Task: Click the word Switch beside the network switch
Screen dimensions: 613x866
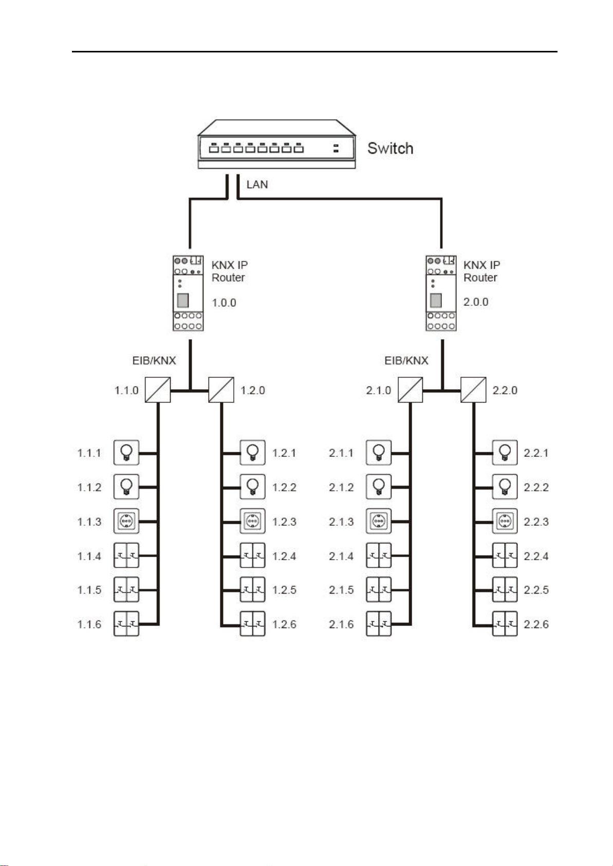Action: coord(390,149)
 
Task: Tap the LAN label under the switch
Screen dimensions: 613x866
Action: coord(257,185)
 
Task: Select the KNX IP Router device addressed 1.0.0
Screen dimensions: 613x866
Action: coord(188,293)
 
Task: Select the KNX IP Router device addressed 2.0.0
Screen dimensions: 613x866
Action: coord(441,293)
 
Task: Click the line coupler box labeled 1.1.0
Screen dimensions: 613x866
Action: coord(158,390)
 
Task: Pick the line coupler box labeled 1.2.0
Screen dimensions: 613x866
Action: coord(221,390)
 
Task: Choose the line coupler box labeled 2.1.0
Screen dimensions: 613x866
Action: coord(410,390)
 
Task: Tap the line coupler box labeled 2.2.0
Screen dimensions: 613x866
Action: coord(473,390)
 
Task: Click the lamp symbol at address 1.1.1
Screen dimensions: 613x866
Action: coord(126,453)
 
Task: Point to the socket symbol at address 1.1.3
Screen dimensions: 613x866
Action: coord(126,521)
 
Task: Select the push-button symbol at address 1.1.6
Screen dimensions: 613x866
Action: coord(126,623)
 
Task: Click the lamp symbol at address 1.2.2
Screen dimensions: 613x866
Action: coord(252,487)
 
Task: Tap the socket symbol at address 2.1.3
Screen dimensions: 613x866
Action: coord(378,521)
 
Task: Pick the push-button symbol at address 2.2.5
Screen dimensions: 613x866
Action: coord(505,589)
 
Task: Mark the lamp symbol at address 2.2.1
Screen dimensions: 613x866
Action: coord(505,453)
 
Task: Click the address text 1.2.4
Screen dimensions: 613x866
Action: coord(284,556)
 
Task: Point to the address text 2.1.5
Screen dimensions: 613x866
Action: coord(341,590)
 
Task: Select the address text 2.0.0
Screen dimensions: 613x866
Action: coord(476,302)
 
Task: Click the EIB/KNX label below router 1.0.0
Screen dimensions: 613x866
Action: coord(154,361)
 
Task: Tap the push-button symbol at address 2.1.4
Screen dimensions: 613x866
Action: coord(378,556)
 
